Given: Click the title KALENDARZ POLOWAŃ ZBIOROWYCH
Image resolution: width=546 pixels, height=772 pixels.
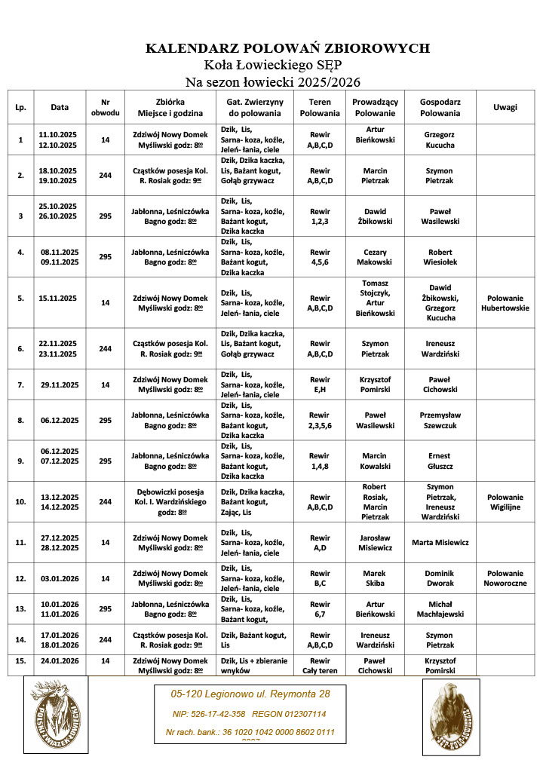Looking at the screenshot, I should tap(287, 49).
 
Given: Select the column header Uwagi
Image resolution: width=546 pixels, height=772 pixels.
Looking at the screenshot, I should tap(505, 107).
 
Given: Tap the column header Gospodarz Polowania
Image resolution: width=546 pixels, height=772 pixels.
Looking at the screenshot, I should tap(440, 107).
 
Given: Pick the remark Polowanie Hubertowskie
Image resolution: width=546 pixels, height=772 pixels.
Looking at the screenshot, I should tap(505, 303).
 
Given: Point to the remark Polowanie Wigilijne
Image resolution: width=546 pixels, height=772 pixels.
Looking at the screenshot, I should tap(505, 502).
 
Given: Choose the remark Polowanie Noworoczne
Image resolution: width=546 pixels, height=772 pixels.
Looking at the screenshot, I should tap(505, 578).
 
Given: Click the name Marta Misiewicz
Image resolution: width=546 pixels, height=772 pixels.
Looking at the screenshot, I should tap(440, 542).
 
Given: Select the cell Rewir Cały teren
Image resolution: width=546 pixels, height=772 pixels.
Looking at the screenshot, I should tap(319, 666).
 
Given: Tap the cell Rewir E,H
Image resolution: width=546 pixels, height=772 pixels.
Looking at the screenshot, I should tap(319, 384).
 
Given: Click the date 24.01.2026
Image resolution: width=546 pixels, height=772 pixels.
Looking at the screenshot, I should tap(60, 661).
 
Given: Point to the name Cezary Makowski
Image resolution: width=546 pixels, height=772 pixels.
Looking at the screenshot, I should tap(375, 257).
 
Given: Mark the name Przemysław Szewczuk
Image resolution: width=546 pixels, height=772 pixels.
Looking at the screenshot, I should tap(440, 420).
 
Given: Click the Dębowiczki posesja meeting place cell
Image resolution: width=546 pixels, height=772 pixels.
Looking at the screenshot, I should tap(170, 501).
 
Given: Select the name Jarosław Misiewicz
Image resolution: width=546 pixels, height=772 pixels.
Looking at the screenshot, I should tap(375, 542).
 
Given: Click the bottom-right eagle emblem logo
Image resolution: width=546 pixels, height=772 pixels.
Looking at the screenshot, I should tap(451, 716).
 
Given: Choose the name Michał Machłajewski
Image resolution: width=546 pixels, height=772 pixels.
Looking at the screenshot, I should tap(440, 609).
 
